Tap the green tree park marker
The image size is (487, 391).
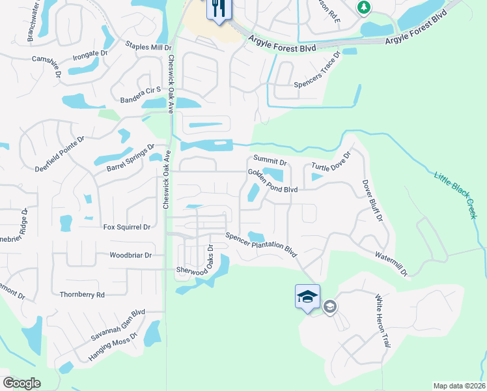point(364,7)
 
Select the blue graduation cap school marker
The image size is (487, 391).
point(307,297)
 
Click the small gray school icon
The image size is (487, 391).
point(330,306)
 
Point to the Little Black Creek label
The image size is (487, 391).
point(455,194)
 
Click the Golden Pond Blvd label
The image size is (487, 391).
point(272,181)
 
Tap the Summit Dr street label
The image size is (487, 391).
point(270,160)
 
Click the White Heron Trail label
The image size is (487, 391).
point(382,320)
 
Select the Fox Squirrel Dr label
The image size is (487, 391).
point(127,227)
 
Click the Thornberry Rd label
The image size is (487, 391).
point(81,295)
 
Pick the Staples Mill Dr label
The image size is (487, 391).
point(148,47)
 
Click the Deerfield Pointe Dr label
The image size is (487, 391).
point(60,154)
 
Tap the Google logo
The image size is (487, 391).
point(21,383)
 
